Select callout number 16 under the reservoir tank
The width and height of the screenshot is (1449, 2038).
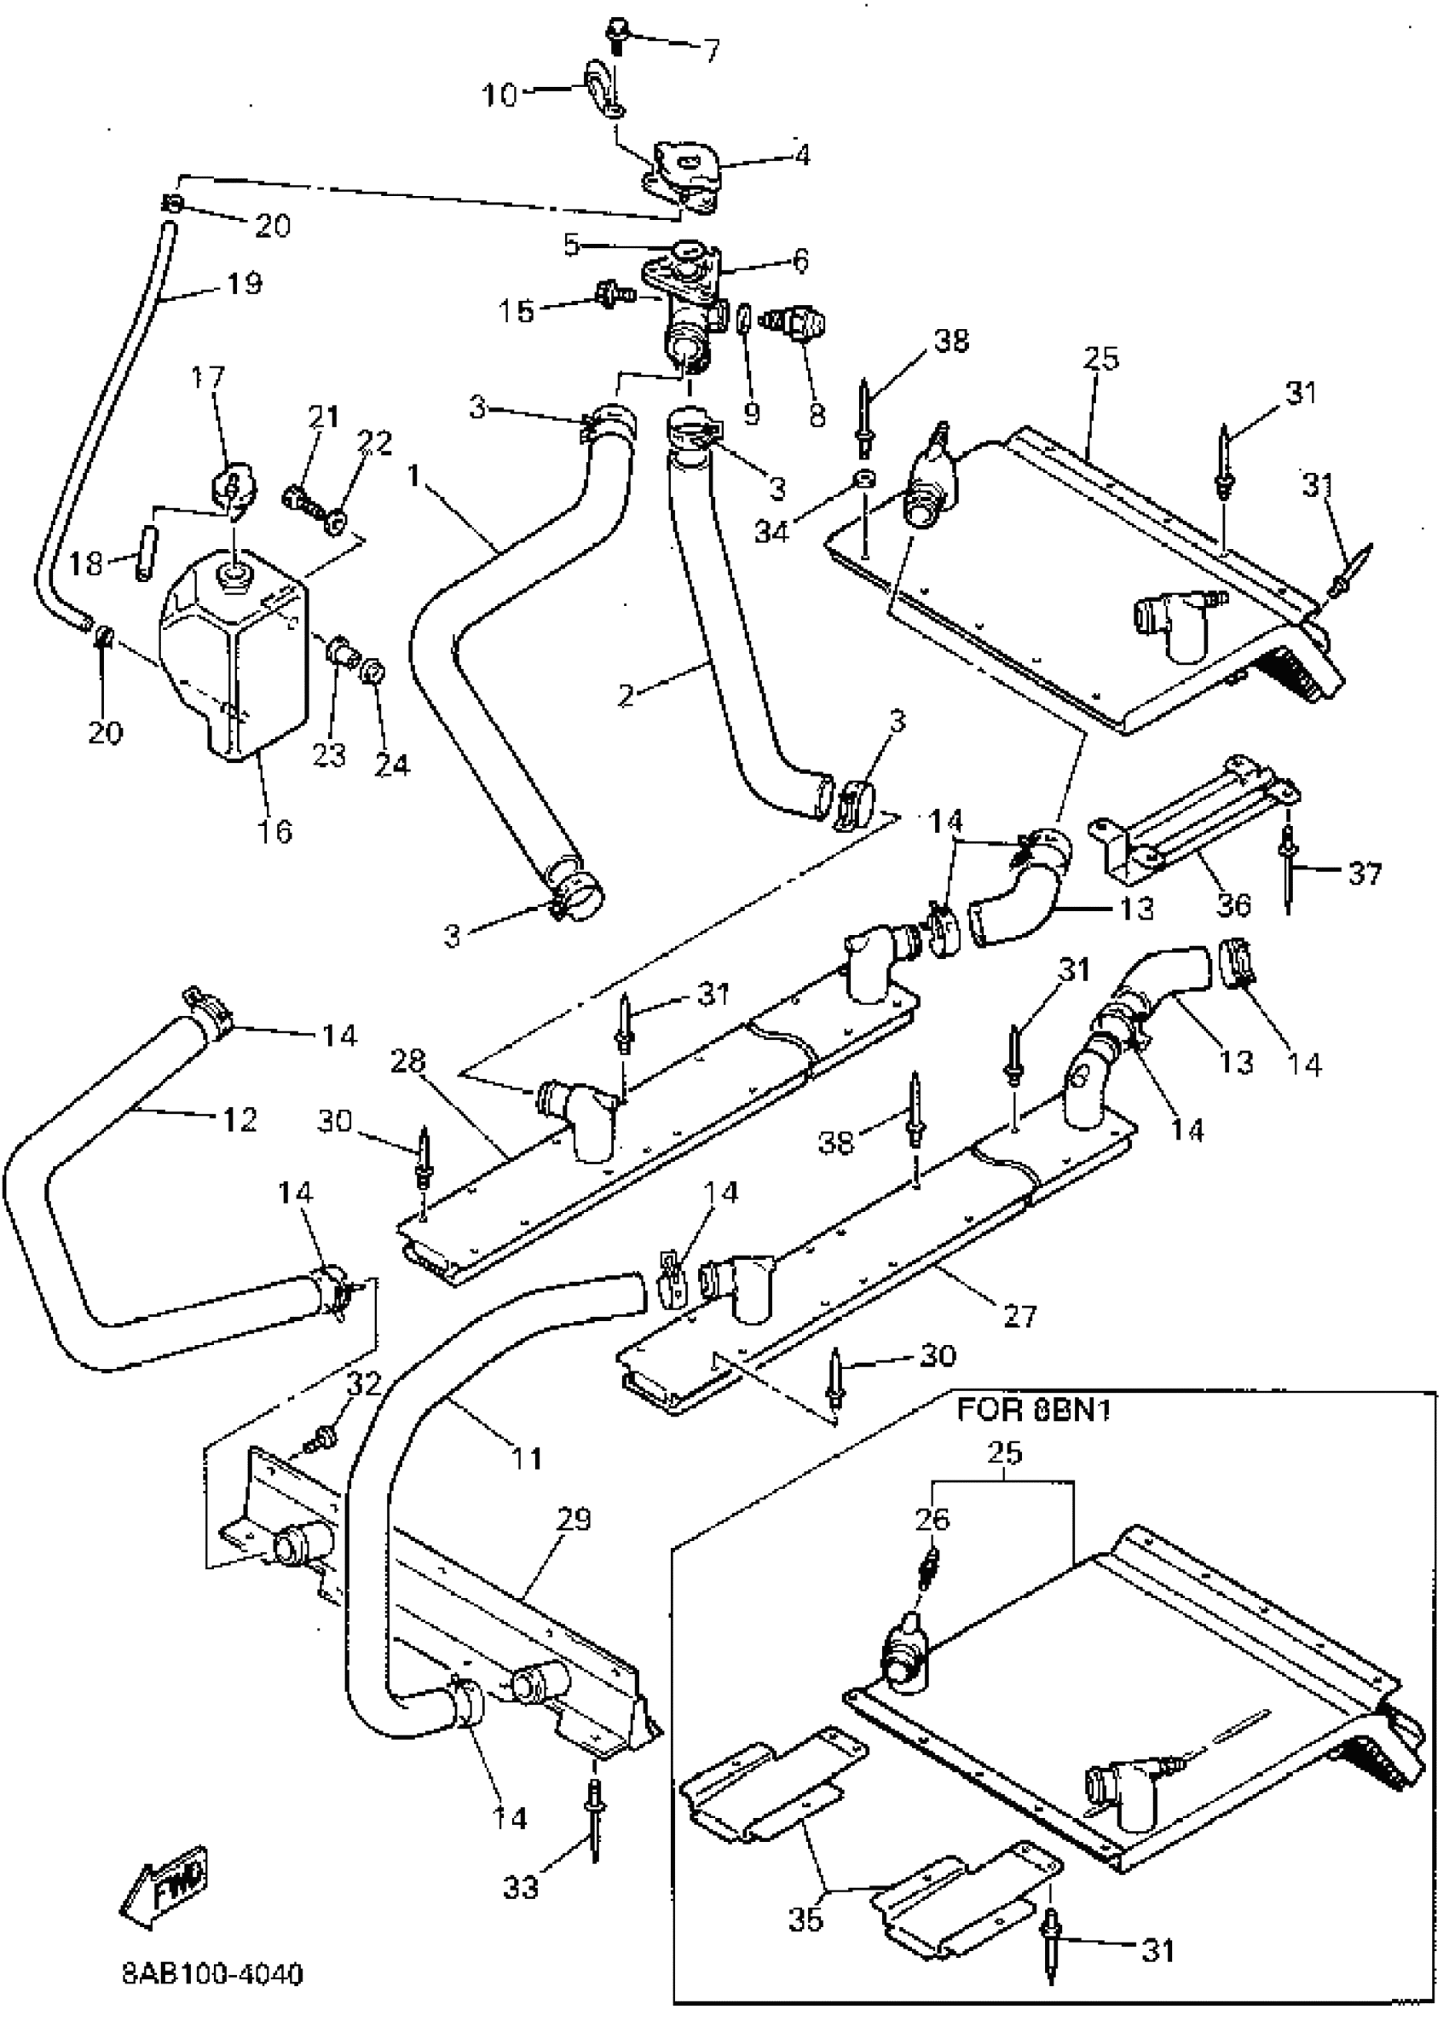(x=274, y=830)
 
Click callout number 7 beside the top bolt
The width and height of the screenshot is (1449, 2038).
(x=711, y=51)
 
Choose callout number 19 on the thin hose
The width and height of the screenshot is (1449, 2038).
(x=244, y=283)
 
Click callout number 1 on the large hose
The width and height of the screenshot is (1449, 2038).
(x=413, y=476)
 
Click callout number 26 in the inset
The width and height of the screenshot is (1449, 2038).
(x=933, y=1518)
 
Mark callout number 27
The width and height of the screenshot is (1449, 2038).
(x=1019, y=1314)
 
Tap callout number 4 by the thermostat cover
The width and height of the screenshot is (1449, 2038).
(x=802, y=155)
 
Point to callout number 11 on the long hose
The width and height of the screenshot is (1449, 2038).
(x=527, y=1458)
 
